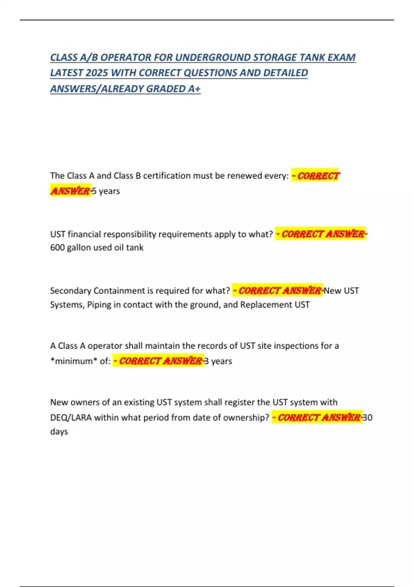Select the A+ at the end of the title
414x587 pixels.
pos(194,89)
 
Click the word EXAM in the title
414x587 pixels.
pos(342,57)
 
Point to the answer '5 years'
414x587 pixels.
pos(106,191)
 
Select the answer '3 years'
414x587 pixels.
pos(218,361)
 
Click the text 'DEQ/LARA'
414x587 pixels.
pos(71,418)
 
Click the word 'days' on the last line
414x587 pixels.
pos(59,432)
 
